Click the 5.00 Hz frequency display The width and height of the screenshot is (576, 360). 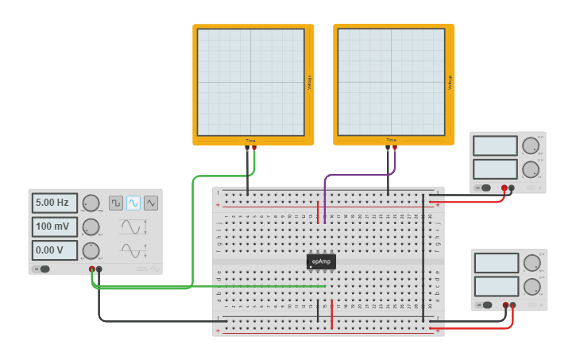(x=55, y=203)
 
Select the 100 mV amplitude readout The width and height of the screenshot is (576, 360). (x=55, y=226)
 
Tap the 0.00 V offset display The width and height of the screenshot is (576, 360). (x=55, y=250)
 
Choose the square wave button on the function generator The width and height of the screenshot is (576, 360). (x=116, y=203)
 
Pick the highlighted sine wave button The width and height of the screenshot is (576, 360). (x=133, y=203)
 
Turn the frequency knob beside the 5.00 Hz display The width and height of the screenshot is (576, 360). (x=91, y=203)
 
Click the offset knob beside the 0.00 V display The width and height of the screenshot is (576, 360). (x=91, y=251)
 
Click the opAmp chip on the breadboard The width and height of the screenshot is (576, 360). (x=321, y=261)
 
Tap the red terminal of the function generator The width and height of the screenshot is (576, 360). (x=92, y=269)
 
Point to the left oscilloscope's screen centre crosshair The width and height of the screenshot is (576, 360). (x=251, y=83)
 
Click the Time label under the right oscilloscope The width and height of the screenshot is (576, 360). (x=391, y=140)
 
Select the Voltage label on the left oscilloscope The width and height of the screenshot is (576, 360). (x=309, y=83)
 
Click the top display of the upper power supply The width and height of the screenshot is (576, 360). (x=495, y=146)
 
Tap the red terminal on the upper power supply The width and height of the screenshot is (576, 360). (x=504, y=188)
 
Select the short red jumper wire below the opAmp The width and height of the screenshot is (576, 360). (x=331, y=314)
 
